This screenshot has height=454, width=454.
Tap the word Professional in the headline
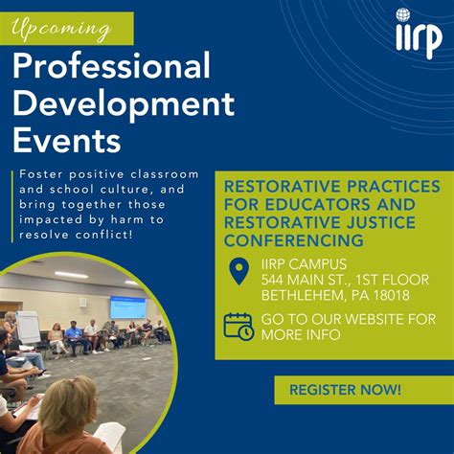(x=111, y=68)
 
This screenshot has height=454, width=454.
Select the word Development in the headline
(x=124, y=104)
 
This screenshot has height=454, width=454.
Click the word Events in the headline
(x=67, y=140)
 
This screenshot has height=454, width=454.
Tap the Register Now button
(x=345, y=390)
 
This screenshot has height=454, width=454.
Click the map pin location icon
(x=238, y=271)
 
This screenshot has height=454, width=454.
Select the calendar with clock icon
(x=238, y=326)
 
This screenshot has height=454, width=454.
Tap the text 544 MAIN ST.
(x=306, y=280)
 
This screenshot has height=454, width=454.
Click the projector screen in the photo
(x=127, y=307)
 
